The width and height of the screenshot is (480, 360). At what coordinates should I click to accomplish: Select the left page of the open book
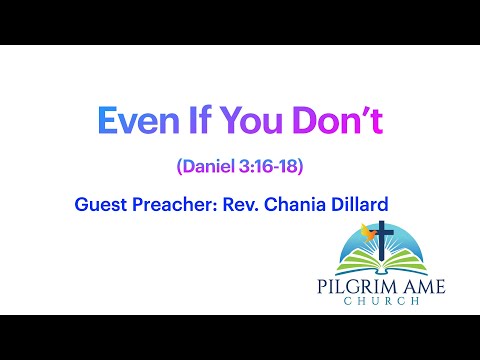366,266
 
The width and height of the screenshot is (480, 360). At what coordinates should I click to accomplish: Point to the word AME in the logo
421,287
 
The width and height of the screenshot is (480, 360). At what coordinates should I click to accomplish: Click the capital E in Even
107,121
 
